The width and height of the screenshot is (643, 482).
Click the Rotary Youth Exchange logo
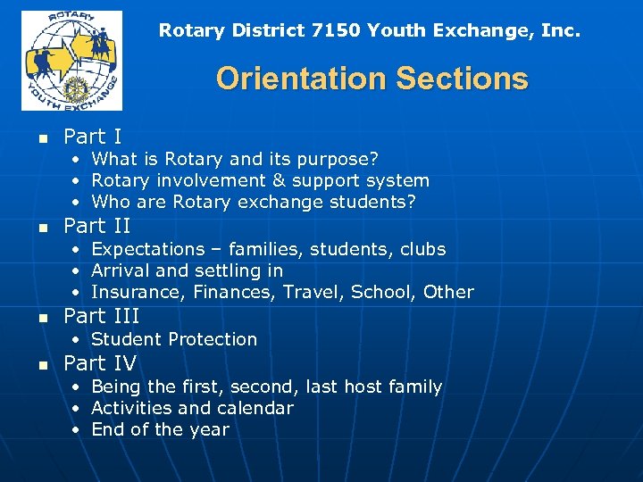71,60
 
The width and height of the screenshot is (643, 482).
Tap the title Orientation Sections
372,79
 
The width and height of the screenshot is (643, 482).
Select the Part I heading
93,137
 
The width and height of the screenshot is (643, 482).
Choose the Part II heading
97,226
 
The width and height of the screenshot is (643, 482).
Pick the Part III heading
102,316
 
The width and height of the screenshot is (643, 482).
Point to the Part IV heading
100,363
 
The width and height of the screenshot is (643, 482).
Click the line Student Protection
174,339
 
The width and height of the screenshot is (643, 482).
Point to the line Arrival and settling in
187,270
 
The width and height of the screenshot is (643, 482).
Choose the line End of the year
160,429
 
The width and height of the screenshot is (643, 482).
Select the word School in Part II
381,292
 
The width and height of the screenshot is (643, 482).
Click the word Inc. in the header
562,30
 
